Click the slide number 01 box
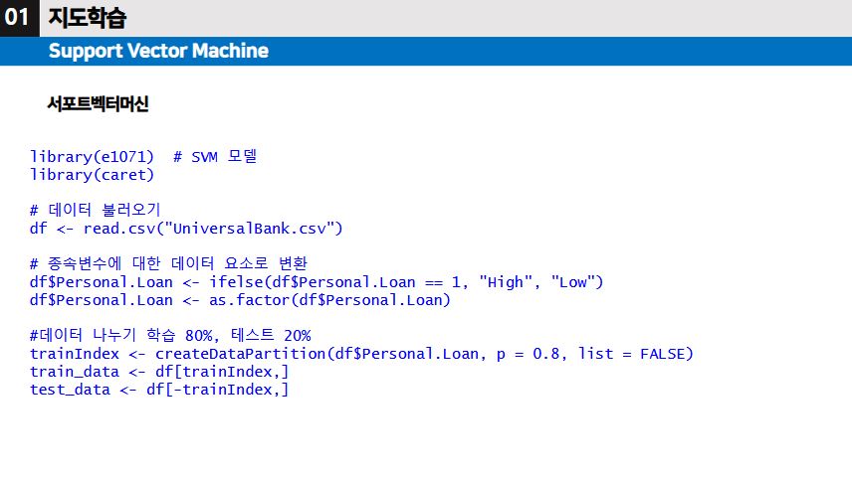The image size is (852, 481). tap(19, 18)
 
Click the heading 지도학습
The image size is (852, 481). tap(87, 18)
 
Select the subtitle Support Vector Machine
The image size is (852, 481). tap(158, 51)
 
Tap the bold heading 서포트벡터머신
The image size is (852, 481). tap(98, 103)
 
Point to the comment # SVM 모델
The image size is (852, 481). tap(215, 157)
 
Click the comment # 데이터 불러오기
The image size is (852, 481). tap(96, 211)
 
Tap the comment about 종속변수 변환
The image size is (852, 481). tap(169, 264)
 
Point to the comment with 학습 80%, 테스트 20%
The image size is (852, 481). tap(170, 336)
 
